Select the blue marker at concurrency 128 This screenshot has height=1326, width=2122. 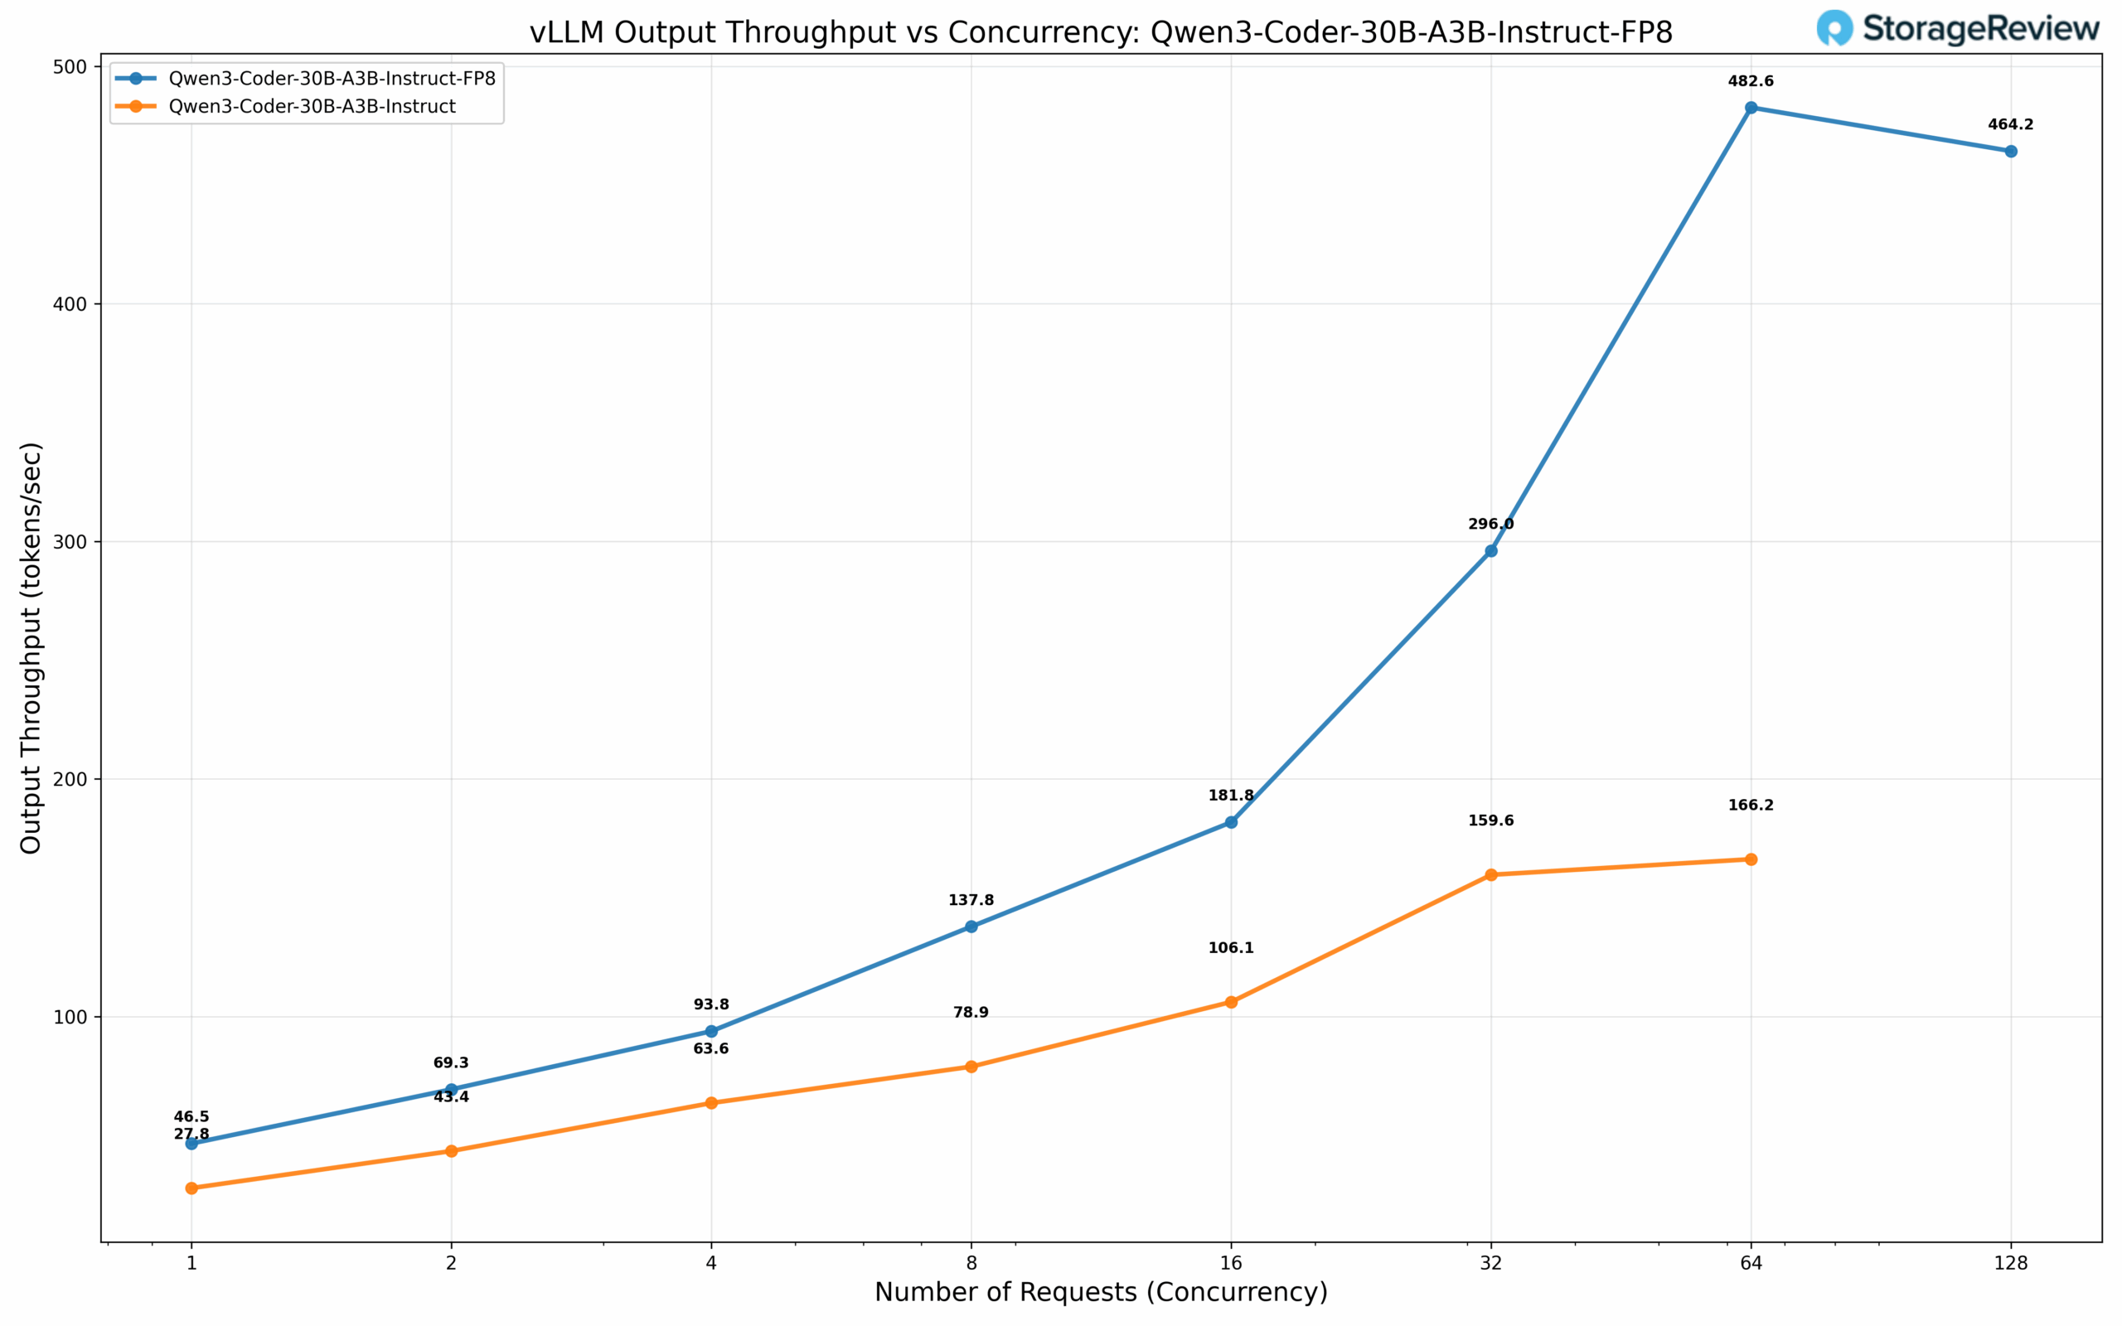2011,152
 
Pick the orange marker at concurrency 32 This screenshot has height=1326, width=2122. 1490,875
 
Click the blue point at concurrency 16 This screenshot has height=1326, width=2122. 1231,823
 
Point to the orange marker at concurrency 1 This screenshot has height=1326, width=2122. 191,1188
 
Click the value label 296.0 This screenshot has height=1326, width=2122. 1490,525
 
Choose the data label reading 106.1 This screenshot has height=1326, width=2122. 1231,948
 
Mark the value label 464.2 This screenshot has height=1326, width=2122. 2011,124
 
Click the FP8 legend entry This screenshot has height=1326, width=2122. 332,79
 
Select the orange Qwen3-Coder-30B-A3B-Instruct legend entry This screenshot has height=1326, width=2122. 312,107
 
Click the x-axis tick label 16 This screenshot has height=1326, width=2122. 1231,1263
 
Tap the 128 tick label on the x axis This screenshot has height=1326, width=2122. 2011,1263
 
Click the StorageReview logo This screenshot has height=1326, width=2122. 1957,28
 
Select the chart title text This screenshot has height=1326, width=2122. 1101,32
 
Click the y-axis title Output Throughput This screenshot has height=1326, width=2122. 31,647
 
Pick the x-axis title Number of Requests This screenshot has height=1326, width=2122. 1101,1293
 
